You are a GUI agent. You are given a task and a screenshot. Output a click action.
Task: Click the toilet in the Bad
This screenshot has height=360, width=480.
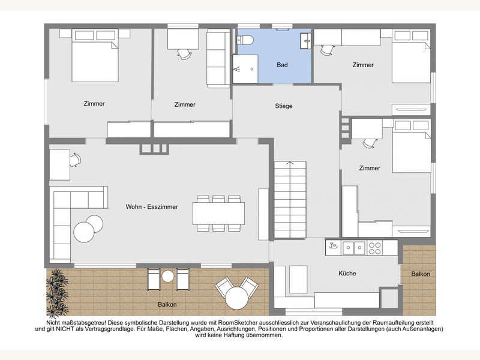[245, 40]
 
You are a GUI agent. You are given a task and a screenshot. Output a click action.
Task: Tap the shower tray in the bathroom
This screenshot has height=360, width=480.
[245, 69]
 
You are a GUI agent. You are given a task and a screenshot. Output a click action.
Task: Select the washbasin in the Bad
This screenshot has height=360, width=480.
[305, 40]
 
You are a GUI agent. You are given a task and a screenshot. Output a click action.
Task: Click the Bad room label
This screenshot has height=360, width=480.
[282, 65]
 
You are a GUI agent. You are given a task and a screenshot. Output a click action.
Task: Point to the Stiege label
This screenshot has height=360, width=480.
[283, 106]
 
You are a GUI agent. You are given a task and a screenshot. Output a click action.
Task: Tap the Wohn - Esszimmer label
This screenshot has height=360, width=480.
[152, 206]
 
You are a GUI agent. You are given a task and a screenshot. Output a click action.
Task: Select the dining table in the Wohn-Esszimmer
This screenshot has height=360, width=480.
[218, 214]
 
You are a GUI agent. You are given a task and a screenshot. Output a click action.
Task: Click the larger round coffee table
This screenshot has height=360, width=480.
[83, 232]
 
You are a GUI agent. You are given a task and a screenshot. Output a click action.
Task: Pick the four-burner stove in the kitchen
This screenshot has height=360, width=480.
[374, 248]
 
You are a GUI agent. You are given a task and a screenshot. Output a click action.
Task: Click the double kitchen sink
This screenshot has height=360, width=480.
[354, 248]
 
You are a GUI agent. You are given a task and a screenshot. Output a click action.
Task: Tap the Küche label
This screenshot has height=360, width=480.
[347, 274]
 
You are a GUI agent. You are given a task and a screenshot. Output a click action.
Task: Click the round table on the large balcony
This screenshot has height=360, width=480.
[236, 298]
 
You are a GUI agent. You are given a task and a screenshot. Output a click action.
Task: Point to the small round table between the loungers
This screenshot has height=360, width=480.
[168, 277]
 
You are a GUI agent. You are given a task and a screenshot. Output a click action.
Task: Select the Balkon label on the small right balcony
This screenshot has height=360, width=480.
[421, 274]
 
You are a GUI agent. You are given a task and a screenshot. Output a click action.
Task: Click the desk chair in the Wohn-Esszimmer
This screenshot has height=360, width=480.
[75, 160]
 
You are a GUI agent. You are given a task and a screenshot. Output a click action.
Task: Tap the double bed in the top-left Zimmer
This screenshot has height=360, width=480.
[95, 55]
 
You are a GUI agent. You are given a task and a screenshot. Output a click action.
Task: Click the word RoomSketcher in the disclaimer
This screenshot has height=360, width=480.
[277, 323]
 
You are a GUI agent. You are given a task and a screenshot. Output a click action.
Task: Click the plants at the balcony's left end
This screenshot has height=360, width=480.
[56, 293]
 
